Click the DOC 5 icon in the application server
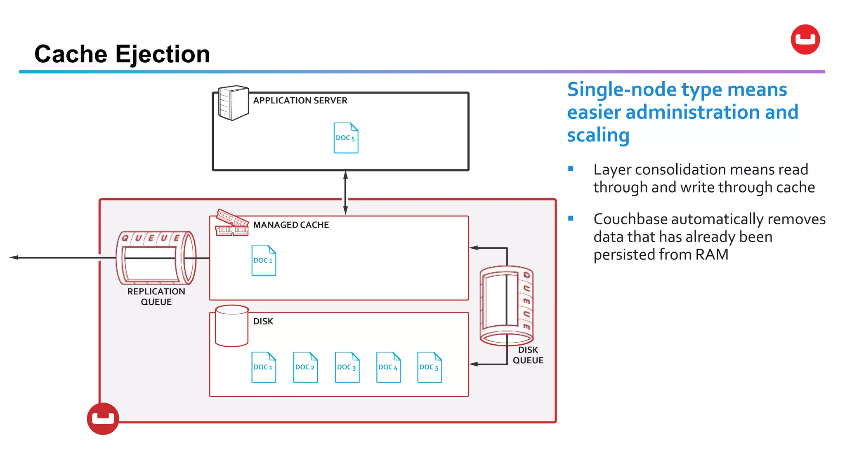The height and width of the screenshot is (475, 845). click(346, 138)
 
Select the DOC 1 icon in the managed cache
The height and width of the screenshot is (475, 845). click(264, 261)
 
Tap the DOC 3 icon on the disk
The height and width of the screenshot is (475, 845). click(347, 367)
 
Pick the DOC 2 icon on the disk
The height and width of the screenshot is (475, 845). click(305, 367)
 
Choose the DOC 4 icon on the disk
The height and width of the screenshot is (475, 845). click(388, 367)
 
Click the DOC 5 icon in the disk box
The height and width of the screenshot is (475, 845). click(430, 367)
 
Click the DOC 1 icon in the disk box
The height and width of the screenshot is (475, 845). click(264, 367)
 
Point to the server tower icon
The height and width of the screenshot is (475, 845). click(233, 103)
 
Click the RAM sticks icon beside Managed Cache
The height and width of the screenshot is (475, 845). click(232, 223)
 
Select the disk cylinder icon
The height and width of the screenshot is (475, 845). click(231, 326)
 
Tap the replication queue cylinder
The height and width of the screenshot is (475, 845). click(156, 258)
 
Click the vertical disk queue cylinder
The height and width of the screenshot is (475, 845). click(506, 305)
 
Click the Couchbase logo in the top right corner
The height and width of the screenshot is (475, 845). click(805, 40)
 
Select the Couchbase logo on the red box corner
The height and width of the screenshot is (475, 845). click(103, 419)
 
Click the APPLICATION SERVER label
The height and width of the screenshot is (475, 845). click(300, 101)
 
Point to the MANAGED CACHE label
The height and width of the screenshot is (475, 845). click(291, 225)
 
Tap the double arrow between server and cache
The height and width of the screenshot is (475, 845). click(345, 193)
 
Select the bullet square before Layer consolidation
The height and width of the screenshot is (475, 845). click(571, 169)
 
